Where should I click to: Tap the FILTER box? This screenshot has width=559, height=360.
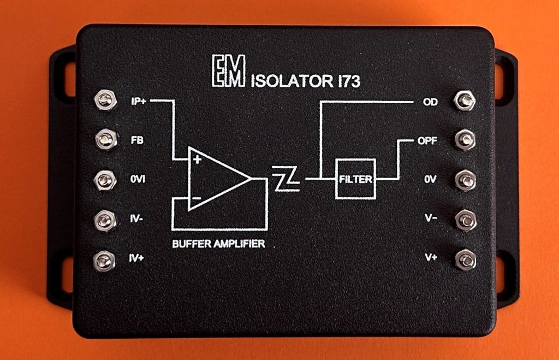(x=355, y=179)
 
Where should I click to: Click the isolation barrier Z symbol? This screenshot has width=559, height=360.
(x=286, y=179)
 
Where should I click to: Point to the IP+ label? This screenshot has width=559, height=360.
(x=139, y=101)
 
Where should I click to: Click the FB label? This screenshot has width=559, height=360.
(x=137, y=140)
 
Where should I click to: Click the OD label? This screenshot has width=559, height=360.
(x=430, y=102)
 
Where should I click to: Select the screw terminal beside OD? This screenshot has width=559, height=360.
(x=464, y=101)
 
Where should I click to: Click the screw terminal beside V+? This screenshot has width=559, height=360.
(x=465, y=258)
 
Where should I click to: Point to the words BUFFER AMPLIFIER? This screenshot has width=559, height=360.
(x=218, y=244)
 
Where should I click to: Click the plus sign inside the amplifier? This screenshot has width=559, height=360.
(x=197, y=160)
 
